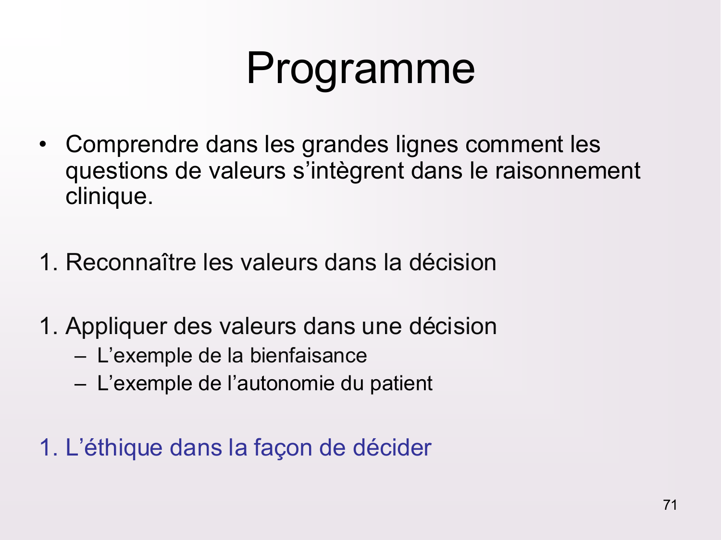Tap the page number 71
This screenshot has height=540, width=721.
pos(670,505)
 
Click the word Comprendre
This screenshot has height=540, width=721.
pos(132,144)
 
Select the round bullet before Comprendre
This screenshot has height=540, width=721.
pos(43,144)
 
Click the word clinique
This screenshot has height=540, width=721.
pos(109,197)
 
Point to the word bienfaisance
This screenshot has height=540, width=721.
pos(308,356)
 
